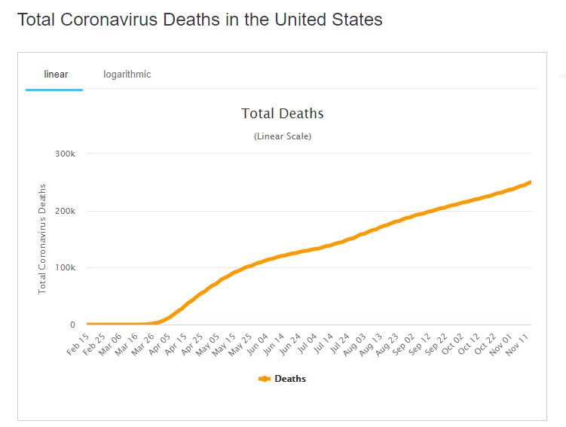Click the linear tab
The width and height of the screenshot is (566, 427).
(x=56, y=75)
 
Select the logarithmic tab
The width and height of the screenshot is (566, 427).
(x=127, y=75)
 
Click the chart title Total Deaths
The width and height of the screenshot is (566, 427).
(x=282, y=114)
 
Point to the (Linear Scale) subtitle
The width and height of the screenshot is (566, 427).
(x=282, y=136)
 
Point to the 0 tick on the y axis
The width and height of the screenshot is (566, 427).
(x=72, y=325)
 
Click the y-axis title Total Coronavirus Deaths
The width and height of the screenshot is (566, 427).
(x=43, y=238)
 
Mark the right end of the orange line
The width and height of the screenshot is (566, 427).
(x=531, y=181)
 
